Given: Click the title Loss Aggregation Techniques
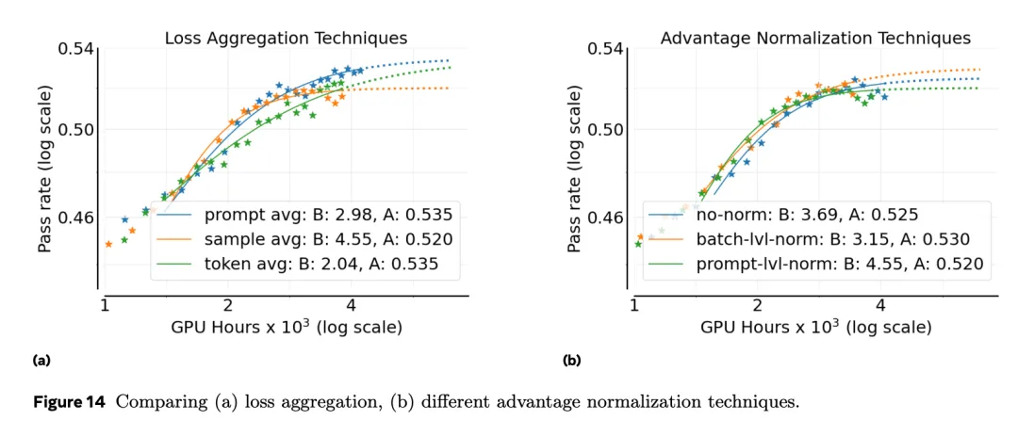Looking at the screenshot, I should coord(286,39).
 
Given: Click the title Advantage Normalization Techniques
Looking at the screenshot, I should coord(815,39).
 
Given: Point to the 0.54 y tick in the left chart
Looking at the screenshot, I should coord(78,49).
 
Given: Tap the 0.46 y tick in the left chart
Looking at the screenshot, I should coord(78,218).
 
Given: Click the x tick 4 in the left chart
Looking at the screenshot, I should coord(351,305).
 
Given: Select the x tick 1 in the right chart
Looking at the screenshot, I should coord(634,305).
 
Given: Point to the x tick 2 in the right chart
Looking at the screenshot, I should coord(758,305).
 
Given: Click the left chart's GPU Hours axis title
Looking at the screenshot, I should coord(287,328).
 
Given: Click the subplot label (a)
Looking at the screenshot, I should coord(41,360).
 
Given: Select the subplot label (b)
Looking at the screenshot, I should coord(571,360).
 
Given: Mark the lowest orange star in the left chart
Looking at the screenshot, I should coord(108,244).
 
